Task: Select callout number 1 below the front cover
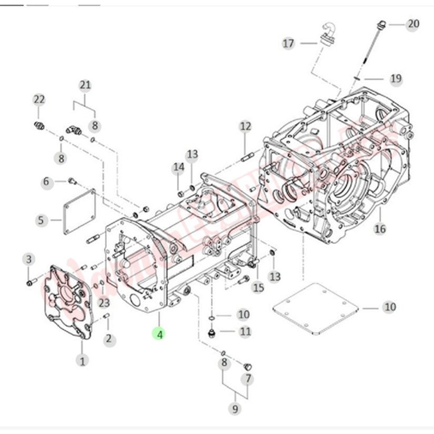pos(82,360)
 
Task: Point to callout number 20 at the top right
pos(413,24)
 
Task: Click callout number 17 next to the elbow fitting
pos(288,43)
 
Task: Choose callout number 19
pos(396,79)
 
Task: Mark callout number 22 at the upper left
pos(39,99)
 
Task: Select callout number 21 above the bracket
pos(85,85)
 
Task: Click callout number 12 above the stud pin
pos(246,126)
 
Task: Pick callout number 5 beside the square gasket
pos(42,220)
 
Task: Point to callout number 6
pos(46,181)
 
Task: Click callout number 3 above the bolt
pos(29,259)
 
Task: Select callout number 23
pos(104,302)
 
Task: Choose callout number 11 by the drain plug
pos(246,331)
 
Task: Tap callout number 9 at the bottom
pos(234,408)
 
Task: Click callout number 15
pos(258,287)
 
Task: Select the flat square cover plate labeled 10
pos(316,308)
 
